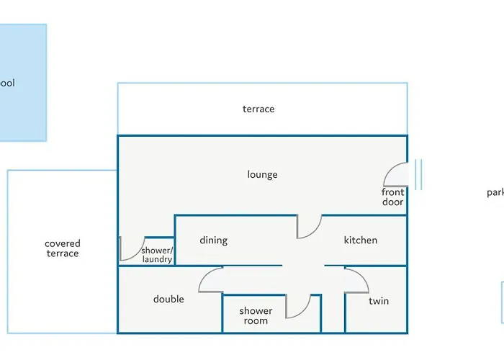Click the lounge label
coord(262,174)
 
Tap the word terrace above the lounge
coord(258,109)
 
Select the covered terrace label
coord(63,248)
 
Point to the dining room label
coord(214,240)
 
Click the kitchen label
coord(361,240)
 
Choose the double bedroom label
coord(168,299)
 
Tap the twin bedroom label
coord(379,301)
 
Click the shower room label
coord(256,315)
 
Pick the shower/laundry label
coord(157,255)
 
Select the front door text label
coord(393,197)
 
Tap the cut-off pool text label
coord(7,83)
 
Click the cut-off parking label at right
coord(495,192)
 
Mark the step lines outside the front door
coord(417,174)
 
